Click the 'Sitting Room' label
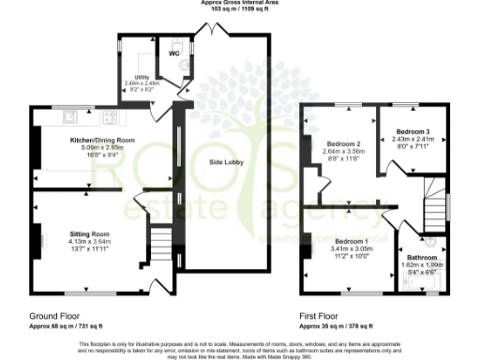[90, 233]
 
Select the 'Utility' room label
[142, 75]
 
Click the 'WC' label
[173, 53]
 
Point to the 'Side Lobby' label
[225, 162]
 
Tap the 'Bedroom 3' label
[412, 132]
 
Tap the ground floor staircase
[161, 246]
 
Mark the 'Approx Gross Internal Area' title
[240, 3]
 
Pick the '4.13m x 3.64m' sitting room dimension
[90, 241]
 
